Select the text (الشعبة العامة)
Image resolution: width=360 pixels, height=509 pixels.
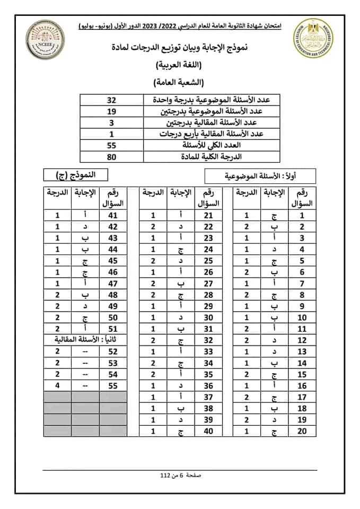pyautogui.click(x=180, y=83)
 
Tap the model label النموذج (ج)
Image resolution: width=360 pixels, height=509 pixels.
pyautogui.click(x=73, y=174)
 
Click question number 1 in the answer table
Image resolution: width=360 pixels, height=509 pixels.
pyautogui.click(x=302, y=216)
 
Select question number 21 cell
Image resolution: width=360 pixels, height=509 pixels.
pyautogui.click(x=208, y=216)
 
